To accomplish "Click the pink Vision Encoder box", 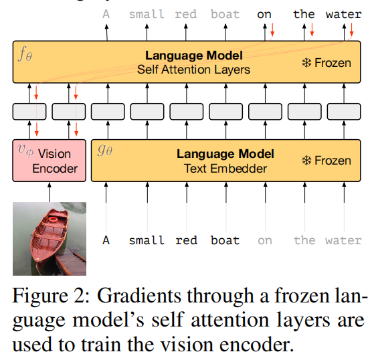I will [50, 161].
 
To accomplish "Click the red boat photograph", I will [50, 239].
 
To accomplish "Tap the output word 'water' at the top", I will [343, 14].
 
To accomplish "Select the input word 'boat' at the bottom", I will [225, 240].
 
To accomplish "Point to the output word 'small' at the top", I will [146, 14].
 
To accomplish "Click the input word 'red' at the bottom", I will [186, 240].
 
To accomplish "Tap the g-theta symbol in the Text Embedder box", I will [105, 151].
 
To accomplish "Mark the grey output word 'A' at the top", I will [106, 14].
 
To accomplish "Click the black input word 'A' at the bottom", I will [106, 240].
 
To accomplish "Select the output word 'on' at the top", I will [264, 14].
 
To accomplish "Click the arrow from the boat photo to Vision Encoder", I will [50, 192].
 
